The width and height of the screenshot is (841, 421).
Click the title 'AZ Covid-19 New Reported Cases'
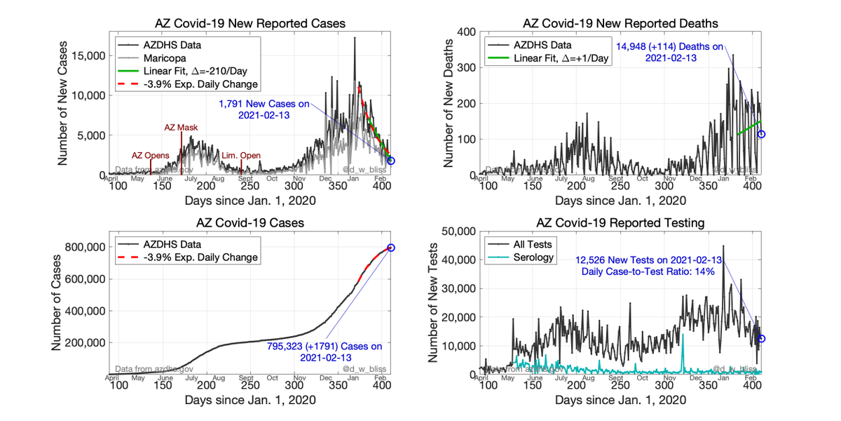251,23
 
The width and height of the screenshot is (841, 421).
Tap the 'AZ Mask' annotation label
181,128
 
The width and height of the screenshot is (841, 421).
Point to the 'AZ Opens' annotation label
151,156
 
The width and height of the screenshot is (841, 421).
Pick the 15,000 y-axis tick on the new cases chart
88,55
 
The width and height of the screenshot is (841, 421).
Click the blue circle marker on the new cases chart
391,161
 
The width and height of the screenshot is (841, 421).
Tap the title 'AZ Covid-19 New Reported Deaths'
621,23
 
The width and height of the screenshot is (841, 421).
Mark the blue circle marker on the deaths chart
761,134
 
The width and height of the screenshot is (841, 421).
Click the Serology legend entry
534,258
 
